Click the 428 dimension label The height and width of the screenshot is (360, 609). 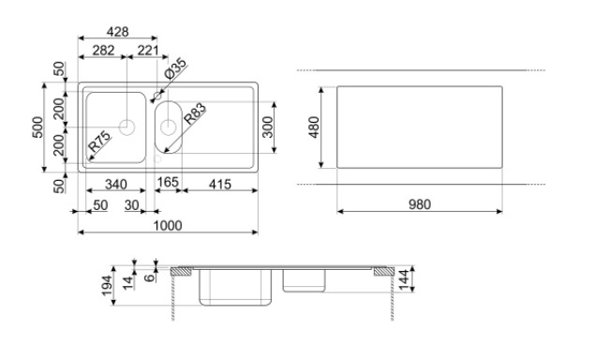click(118, 32)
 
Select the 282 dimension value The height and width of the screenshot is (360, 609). click(104, 50)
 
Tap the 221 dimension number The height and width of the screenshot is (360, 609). click(148, 50)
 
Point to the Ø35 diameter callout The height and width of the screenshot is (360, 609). click(175, 68)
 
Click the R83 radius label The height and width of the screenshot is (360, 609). click(195, 113)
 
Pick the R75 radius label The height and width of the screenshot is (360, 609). click(100, 142)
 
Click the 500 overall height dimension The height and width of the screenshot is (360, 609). click(37, 127)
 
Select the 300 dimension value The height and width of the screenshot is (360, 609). click(268, 127)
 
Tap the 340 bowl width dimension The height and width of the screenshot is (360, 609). click(116, 184)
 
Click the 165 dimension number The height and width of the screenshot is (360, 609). click(168, 182)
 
